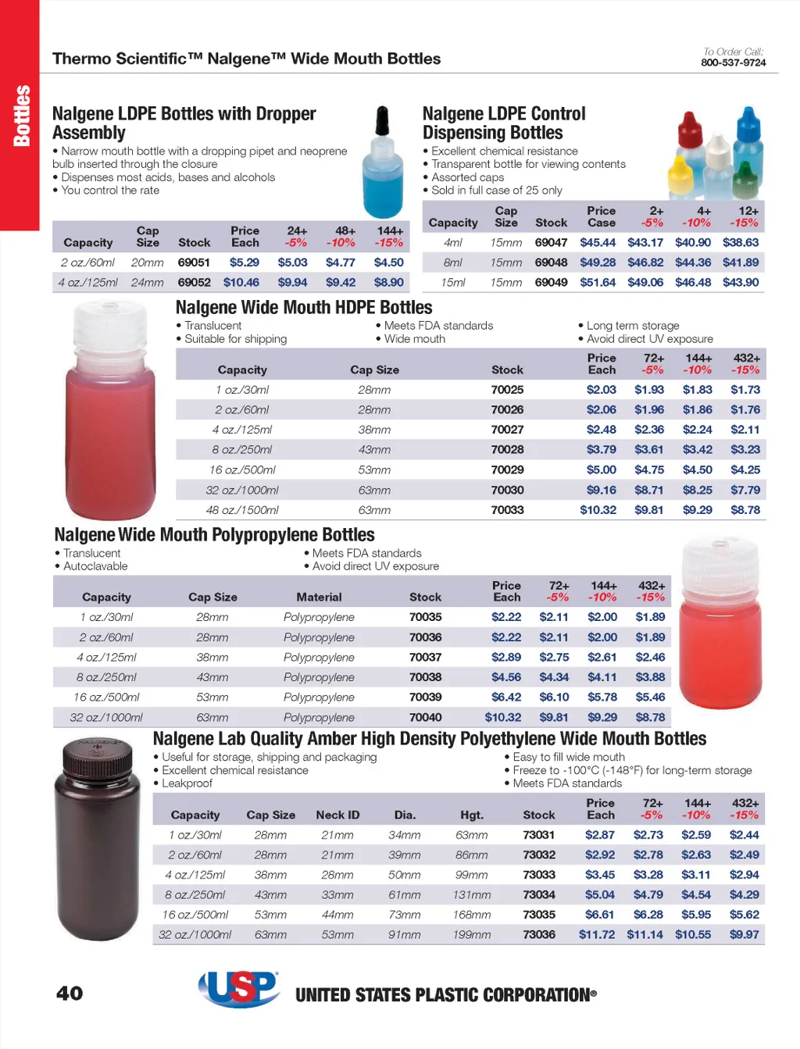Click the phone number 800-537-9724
point(733,62)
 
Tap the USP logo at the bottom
point(239,989)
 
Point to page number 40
point(70,993)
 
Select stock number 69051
point(194,262)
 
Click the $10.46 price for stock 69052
point(241,282)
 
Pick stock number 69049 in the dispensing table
point(551,282)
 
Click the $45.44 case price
point(598,242)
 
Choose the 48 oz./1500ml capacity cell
point(242,510)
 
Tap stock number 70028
point(507,449)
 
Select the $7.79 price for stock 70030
point(745,490)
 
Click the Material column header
point(319,597)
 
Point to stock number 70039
point(425,697)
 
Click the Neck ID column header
point(337,815)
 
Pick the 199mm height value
point(472,934)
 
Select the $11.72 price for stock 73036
point(597,934)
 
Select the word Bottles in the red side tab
point(21,116)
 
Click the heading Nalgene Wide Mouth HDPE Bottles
point(304,307)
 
